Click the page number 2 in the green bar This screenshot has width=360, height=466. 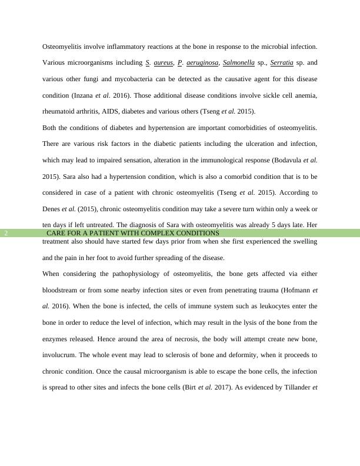6,233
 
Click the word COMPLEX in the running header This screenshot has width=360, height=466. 157,233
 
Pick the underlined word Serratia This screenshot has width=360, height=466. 282,62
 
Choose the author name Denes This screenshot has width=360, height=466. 51,209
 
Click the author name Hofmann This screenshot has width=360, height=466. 294,290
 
